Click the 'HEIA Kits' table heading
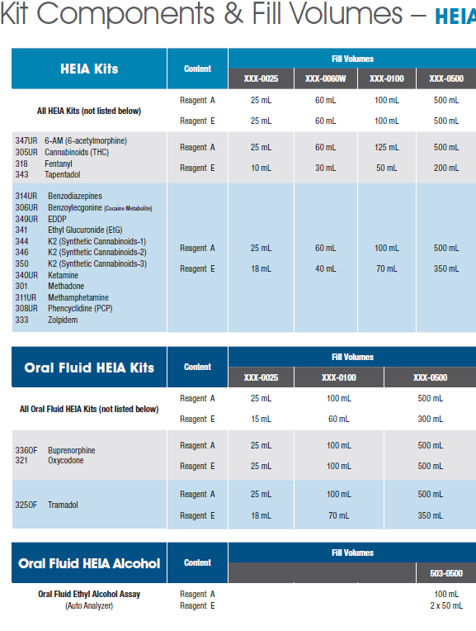pos(89,69)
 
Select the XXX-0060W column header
pos(325,78)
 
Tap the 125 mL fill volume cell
pos(387,147)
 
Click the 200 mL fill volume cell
pos(446,168)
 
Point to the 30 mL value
pos(325,168)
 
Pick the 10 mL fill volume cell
pos(261,168)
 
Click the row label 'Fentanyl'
pos(59,164)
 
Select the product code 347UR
pos(26,140)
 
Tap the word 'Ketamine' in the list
pos(64,275)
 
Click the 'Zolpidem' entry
pos(63,320)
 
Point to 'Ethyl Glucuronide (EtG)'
pos(85,230)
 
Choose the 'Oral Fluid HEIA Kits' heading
pos(89,368)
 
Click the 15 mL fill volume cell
pos(261,419)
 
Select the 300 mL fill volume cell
pos(430,419)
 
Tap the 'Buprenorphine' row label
pos(72,450)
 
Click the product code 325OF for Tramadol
pos(26,505)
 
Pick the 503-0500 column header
pos(446,573)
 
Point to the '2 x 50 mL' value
pos(446,605)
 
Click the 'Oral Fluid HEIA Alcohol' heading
pos(89,563)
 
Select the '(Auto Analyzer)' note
pos(89,605)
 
